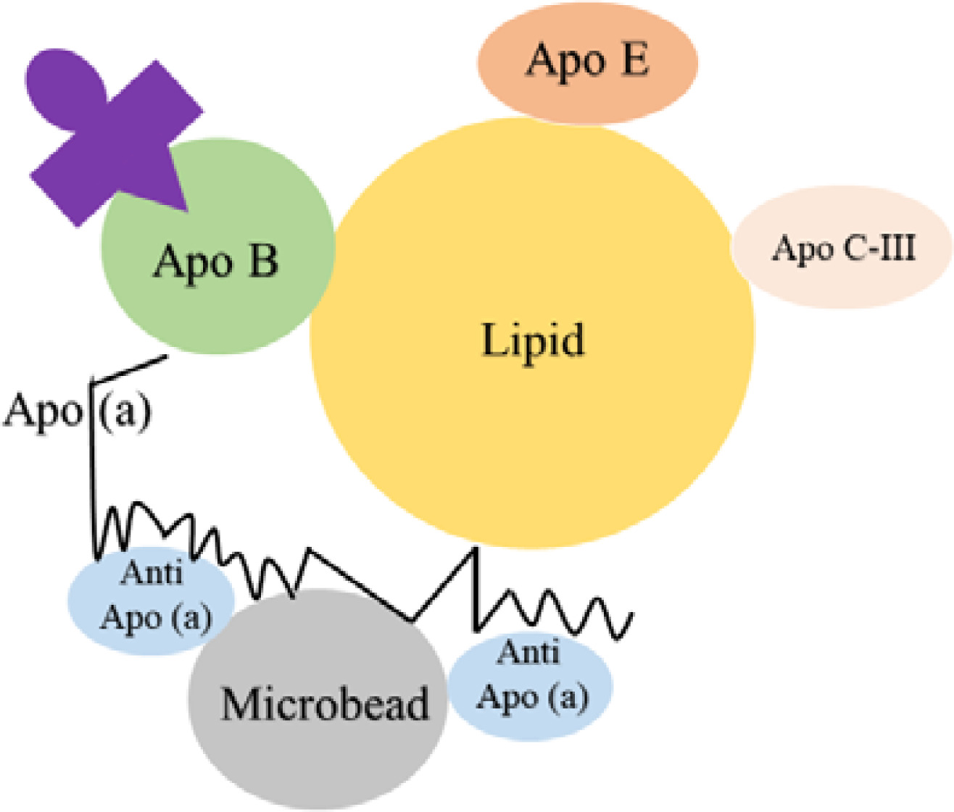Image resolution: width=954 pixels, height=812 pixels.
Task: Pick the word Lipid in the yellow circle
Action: coord(533,340)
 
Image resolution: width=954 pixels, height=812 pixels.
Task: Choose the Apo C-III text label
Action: coord(843,248)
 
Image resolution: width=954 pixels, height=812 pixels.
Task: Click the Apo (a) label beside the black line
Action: coord(76,411)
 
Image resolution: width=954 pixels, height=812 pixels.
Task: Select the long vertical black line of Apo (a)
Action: coord(93,471)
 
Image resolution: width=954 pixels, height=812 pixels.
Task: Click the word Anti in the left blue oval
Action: coord(152,573)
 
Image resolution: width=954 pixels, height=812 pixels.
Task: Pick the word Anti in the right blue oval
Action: coord(528,653)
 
